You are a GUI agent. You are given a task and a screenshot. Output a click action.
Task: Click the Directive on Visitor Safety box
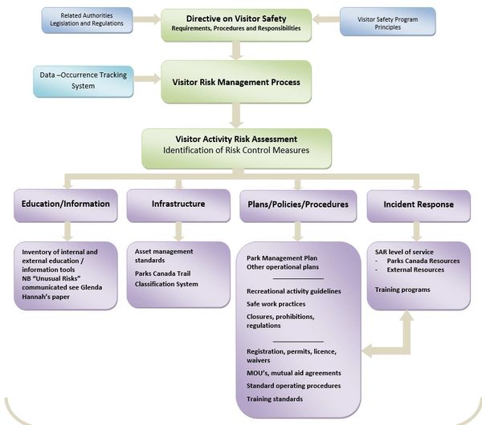235,22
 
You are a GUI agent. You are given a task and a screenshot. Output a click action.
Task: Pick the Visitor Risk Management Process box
235,82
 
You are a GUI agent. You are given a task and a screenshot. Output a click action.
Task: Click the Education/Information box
67,204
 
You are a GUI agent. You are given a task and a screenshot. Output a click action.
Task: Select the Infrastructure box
178,204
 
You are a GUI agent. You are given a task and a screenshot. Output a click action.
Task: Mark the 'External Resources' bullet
417,270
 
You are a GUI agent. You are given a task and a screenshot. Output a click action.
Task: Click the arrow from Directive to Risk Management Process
235,50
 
